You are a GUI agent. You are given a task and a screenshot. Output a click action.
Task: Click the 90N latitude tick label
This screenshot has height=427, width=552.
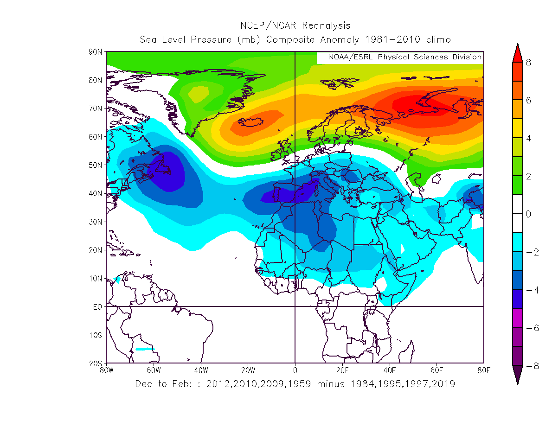96,52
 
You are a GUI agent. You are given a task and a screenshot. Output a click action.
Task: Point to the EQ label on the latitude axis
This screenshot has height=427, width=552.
97,306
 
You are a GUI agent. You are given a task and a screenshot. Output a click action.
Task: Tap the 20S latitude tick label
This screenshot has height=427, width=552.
96,363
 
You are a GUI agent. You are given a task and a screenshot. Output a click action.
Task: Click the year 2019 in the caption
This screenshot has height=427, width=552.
444,384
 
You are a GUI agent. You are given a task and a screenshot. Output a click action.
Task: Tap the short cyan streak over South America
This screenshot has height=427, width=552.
144,349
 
